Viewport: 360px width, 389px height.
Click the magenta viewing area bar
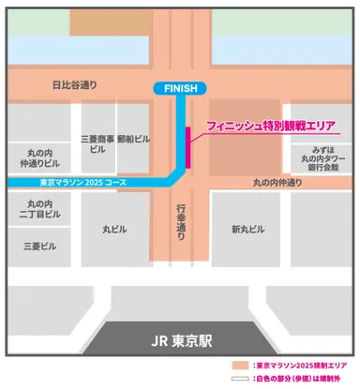coord(189,147)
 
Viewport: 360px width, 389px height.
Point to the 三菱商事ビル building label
coord(97,142)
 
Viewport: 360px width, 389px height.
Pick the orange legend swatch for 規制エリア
coord(242,367)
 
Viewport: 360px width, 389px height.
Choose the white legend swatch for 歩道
coord(242,380)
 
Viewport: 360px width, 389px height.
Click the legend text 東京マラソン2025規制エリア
coord(299,367)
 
